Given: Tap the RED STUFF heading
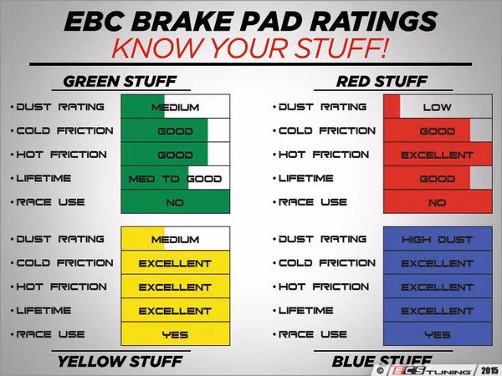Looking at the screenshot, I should pos(382,82).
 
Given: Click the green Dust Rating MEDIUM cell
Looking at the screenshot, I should pos(175,107).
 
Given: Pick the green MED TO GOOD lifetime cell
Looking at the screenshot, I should pos(175,179).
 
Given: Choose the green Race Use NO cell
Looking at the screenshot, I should pos(175,202).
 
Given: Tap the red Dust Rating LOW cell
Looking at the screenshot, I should pos(437,107).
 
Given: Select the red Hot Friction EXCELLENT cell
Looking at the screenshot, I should pos(437,155).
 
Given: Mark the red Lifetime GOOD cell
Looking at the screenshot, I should pos(437,179).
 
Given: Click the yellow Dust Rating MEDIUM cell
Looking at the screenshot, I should pos(175,239).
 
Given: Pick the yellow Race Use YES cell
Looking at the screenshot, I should pos(175,334).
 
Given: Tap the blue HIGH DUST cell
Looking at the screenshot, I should pos(437,239).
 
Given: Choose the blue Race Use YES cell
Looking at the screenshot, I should pos(437,334).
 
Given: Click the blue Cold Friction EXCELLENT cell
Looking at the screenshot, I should pos(437,263).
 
